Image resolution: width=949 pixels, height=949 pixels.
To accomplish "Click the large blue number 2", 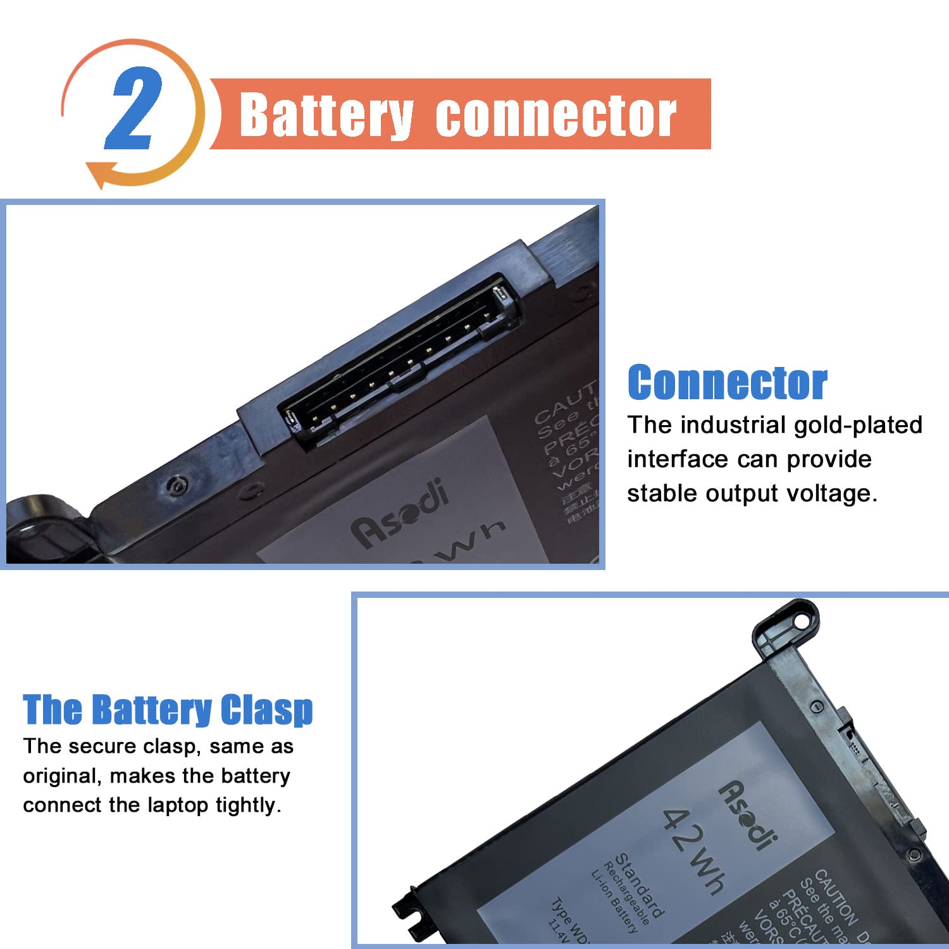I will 133,109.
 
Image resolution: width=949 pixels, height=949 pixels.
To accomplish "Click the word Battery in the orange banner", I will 326,115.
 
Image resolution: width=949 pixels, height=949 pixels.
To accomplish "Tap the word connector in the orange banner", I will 555,115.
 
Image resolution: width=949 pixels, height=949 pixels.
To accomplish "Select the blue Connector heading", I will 727,383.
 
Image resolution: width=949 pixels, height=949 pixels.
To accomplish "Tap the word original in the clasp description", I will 61,776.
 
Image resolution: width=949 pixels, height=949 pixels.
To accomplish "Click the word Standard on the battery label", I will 639,886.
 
